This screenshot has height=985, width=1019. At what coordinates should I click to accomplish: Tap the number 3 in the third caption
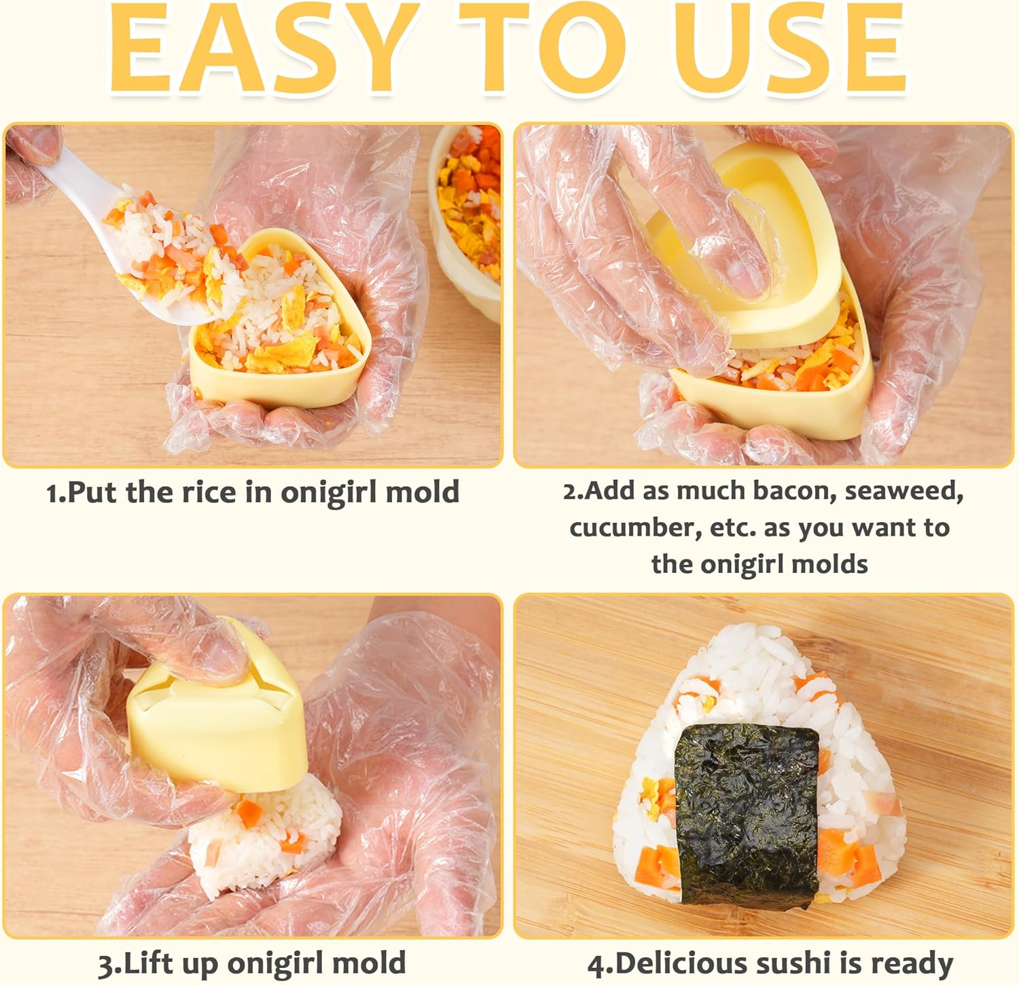(x=105, y=964)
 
